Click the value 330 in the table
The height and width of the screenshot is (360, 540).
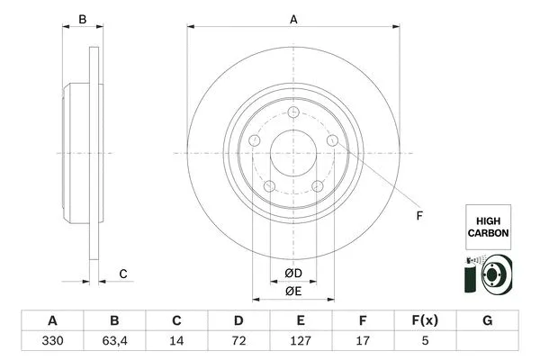tap(52, 342)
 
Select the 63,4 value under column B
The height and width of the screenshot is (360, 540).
tap(114, 342)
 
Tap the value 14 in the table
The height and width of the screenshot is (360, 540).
tap(176, 342)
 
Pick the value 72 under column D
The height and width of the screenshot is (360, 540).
tap(238, 342)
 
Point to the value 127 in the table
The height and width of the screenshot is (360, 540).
tap(301, 342)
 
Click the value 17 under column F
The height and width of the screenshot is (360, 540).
tap(363, 342)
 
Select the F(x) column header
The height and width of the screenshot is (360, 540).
tap(425, 320)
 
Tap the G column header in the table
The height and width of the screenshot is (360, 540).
tap(487, 320)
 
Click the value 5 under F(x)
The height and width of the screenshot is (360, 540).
tap(425, 342)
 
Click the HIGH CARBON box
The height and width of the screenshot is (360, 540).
tap(488, 226)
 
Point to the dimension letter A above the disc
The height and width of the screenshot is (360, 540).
tap(293, 19)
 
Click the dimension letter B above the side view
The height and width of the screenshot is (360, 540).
tap(81, 19)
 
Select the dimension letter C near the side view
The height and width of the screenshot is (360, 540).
tap(123, 274)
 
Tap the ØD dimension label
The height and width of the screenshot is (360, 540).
tap(292, 273)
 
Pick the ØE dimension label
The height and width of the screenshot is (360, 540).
tap(292, 291)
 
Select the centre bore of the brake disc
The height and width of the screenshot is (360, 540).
tap(293, 154)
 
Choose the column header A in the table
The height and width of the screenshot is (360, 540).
tap(52, 320)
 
